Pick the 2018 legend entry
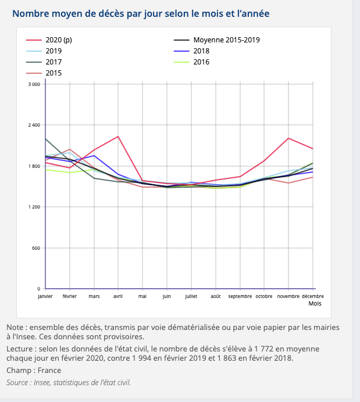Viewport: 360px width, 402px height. pyautogui.click(x=201, y=51)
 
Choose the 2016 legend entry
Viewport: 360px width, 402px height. pyautogui.click(x=201, y=62)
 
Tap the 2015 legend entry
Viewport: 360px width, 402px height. pyautogui.click(x=54, y=73)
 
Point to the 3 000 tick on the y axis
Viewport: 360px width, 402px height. pyautogui.click(x=34, y=85)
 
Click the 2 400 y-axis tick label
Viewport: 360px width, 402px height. pyautogui.click(x=34, y=125)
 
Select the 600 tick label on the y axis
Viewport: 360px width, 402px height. pyautogui.click(x=36, y=249)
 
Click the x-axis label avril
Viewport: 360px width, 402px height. pyautogui.click(x=118, y=296)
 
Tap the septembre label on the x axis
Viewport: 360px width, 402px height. pyautogui.click(x=240, y=296)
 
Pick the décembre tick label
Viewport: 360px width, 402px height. pyautogui.click(x=313, y=296)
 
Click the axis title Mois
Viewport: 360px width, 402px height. pyautogui.click(x=315, y=303)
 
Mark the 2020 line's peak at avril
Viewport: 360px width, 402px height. pyautogui.click(x=118, y=137)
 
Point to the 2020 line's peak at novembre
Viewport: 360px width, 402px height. pyautogui.click(x=288, y=138)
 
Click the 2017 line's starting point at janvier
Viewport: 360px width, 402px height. pyautogui.click(x=45, y=139)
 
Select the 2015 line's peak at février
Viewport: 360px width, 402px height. pyautogui.click(x=70, y=149)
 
